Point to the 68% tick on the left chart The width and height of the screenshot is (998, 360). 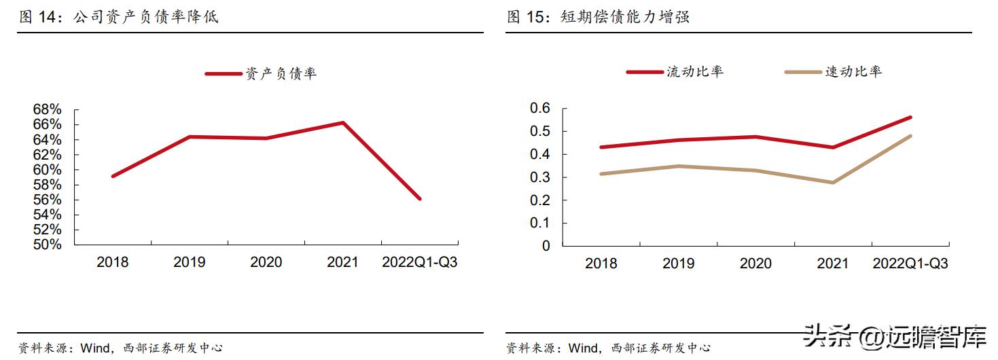48,109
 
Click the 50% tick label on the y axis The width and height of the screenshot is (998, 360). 48,245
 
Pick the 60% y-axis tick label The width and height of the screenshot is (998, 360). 48,170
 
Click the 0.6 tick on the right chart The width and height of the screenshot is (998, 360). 539,108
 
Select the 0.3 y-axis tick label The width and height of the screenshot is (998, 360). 539,177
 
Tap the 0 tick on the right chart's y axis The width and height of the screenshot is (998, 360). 546,246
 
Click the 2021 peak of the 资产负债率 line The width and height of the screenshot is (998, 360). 343,123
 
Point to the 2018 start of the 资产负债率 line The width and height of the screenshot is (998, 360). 113,176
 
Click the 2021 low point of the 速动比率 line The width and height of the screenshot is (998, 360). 832,182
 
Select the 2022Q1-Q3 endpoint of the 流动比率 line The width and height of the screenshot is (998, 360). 910,118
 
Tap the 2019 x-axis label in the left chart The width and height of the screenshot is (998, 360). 190,262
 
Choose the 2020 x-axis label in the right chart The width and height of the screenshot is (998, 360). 755,264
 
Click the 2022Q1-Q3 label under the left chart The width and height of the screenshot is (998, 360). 420,262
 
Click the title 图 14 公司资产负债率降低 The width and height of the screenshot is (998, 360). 119,17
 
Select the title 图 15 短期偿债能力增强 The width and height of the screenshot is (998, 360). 599,17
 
